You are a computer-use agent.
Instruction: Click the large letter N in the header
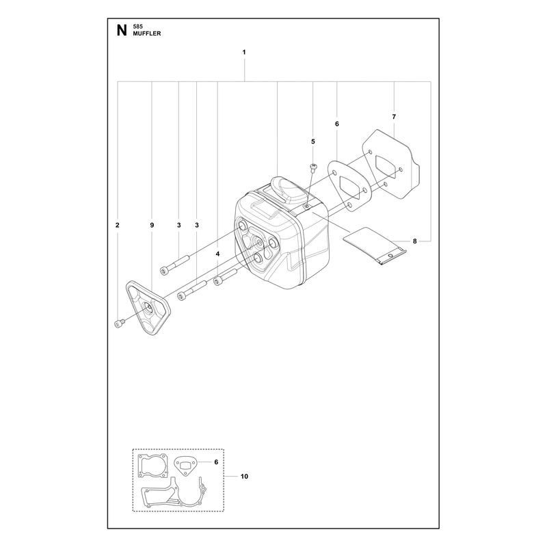coord(122,31)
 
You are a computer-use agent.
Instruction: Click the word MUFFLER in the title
coord(147,34)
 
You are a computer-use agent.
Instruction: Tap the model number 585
coord(138,27)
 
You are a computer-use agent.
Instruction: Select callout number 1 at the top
coord(244,53)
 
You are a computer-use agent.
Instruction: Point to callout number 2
coord(117,226)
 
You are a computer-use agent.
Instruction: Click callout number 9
coord(152,226)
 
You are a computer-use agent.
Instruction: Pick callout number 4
coord(217,254)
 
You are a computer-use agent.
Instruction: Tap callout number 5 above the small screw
coord(313,142)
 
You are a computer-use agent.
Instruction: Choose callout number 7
coord(395,117)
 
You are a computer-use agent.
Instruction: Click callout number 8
coord(415,241)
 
